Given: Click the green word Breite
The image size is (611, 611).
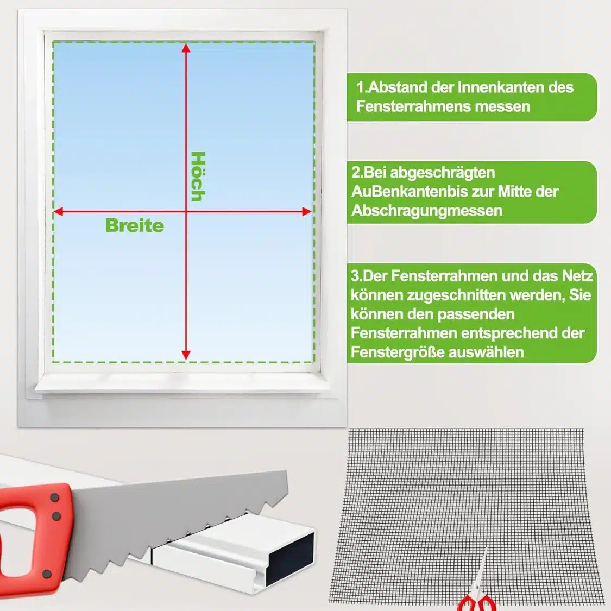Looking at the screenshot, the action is [135, 225].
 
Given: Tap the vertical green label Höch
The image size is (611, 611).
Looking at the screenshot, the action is [198, 177].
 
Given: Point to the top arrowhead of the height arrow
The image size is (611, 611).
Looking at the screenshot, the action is [186, 48].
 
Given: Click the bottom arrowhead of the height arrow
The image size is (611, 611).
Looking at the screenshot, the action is [186, 355].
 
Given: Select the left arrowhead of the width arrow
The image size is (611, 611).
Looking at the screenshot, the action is [59, 212].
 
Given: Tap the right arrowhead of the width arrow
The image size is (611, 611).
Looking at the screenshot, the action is [307, 212].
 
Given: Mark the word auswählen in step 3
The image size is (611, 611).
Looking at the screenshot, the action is [486, 352].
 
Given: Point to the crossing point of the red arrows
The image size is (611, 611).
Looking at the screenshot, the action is [186, 212].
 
